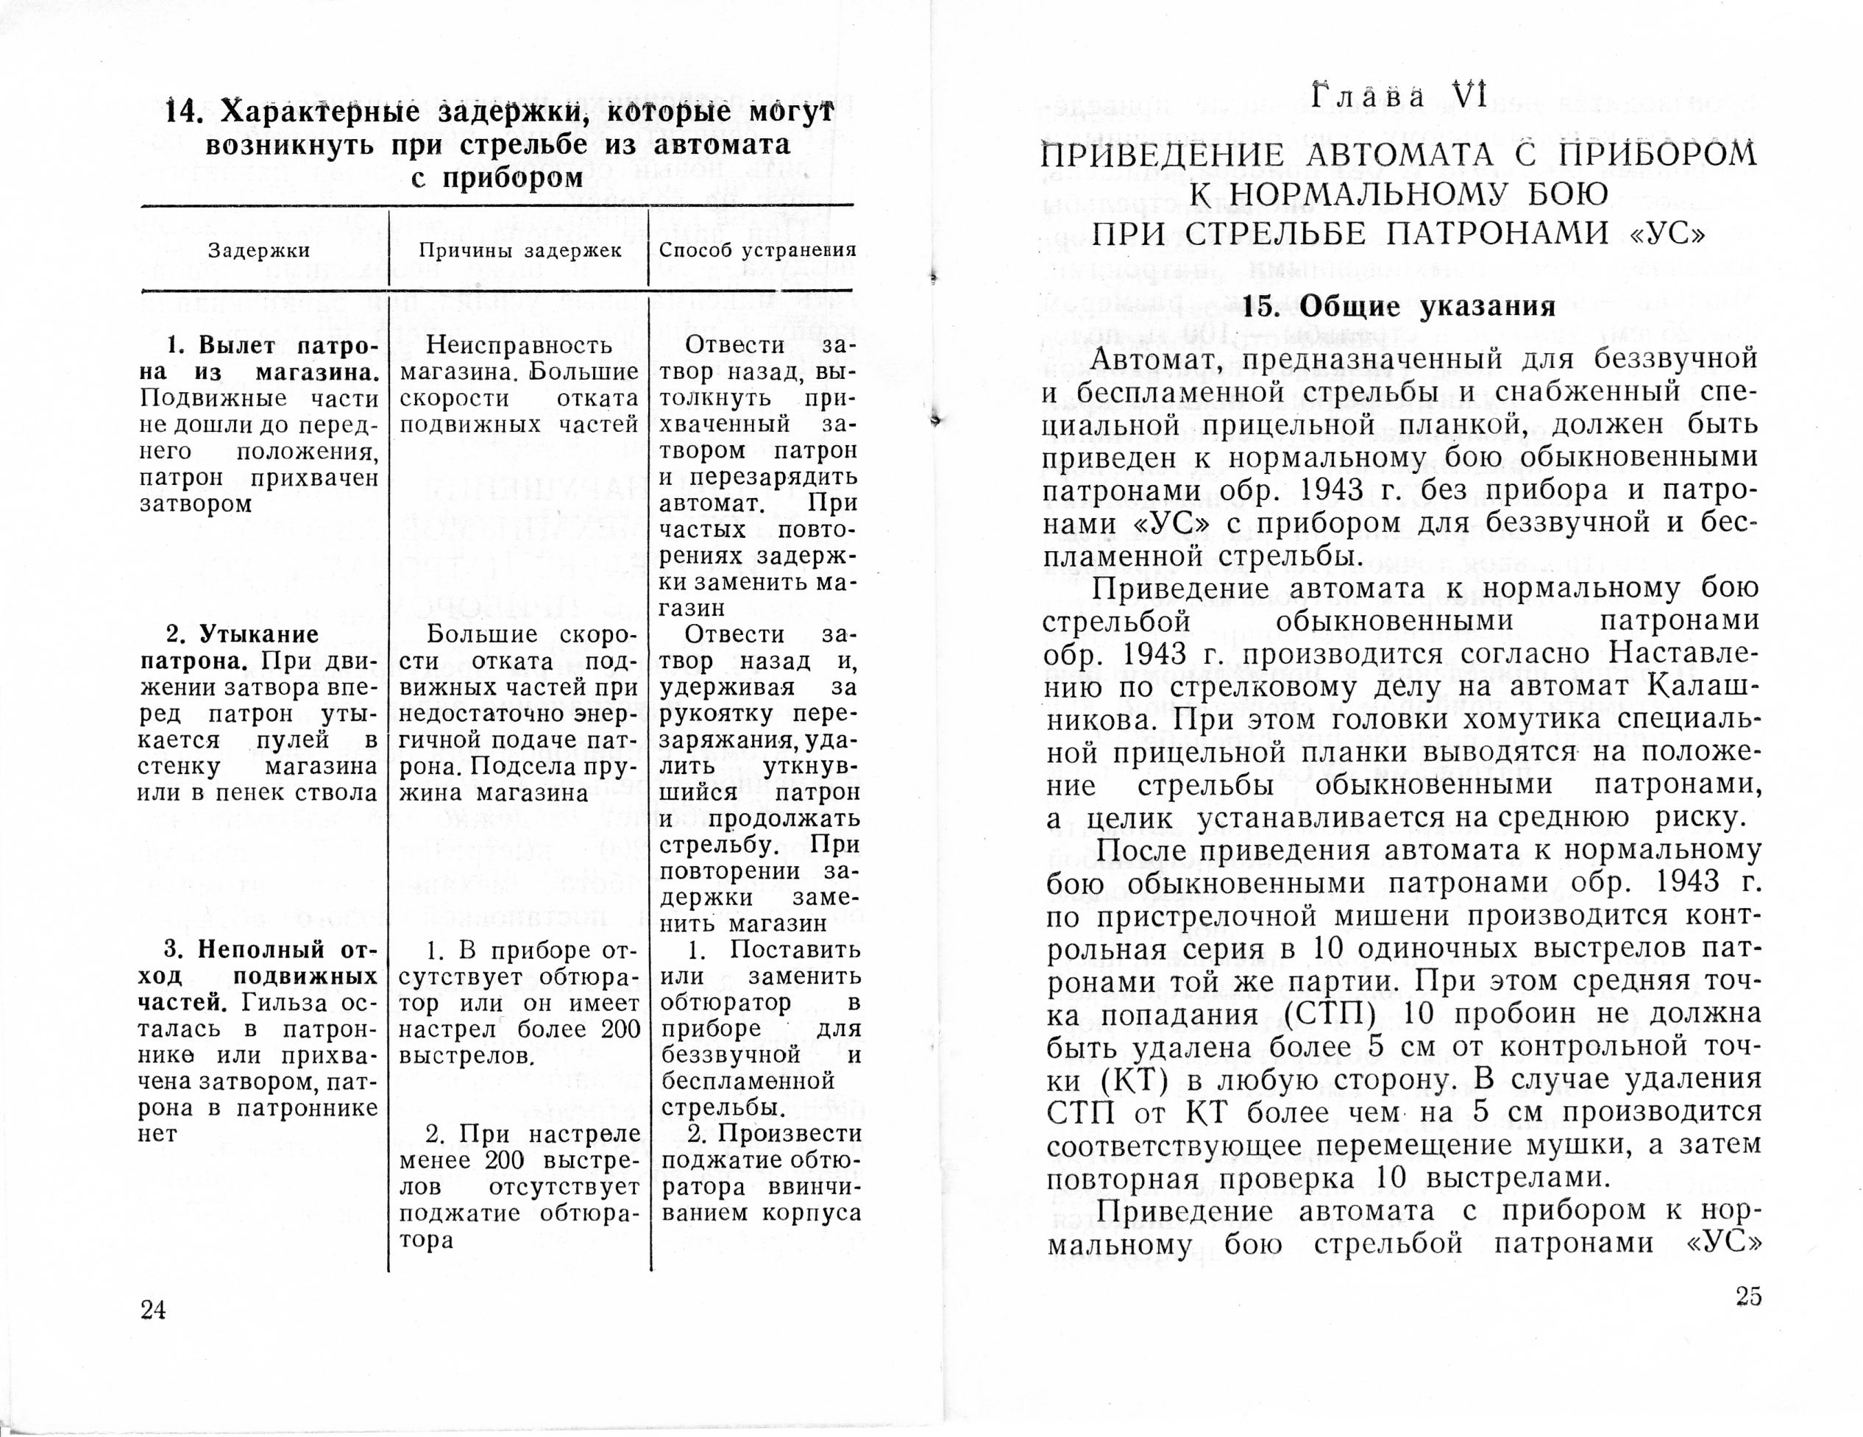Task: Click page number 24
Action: [154, 1309]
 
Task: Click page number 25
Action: [1747, 1296]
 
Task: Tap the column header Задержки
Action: [259, 251]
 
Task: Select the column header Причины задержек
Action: [520, 251]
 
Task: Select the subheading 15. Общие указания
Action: [1399, 306]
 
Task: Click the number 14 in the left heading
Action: [183, 112]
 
